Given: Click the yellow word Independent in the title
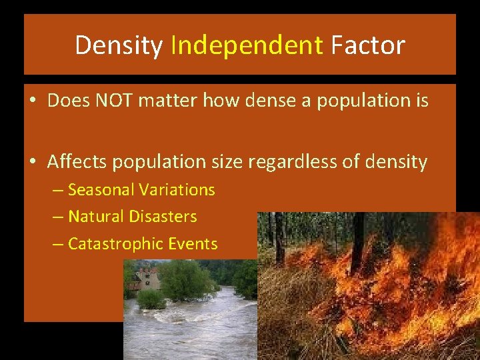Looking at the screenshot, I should [x=247, y=45].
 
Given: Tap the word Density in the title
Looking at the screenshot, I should [x=119, y=45].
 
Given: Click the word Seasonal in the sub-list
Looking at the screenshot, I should [x=101, y=190].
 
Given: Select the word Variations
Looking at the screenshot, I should [x=177, y=190].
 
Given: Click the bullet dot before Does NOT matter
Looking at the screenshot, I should [x=32, y=101].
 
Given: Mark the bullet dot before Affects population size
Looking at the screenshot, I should [x=32, y=162].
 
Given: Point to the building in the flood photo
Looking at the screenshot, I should [x=148, y=277].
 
